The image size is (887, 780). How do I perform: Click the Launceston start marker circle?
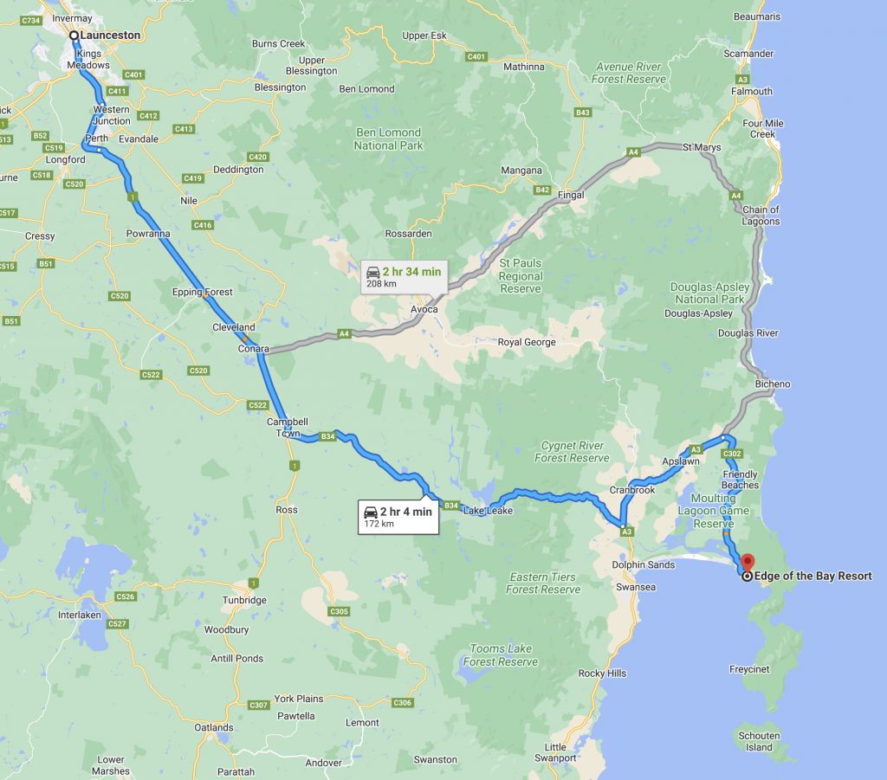pyautogui.click(x=74, y=35)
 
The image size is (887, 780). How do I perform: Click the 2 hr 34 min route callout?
pyautogui.click(x=403, y=277)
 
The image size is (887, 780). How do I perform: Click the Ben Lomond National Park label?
pyautogui.click(x=388, y=139)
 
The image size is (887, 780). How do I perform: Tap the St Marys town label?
pyautogui.click(x=702, y=147)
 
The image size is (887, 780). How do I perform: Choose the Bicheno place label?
pyautogui.click(x=773, y=384)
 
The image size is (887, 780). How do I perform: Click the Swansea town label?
pyautogui.click(x=636, y=587)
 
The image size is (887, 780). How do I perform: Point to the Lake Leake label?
pyautogui.click(x=488, y=511)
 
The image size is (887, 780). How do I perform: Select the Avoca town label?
pyautogui.click(x=424, y=310)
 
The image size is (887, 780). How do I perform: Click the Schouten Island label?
pyautogui.click(x=759, y=741)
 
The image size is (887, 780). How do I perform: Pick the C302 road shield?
pyautogui.click(x=732, y=454)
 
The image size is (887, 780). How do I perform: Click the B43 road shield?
pyautogui.click(x=582, y=113)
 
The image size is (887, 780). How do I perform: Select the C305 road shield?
pyautogui.click(x=339, y=611)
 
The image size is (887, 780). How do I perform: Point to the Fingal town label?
pyautogui.click(x=570, y=196)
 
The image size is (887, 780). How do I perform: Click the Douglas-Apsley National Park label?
pyautogui.click(x=709, y=293)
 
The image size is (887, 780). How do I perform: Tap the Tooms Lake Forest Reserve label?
pyautogui.click(x=502, y=655)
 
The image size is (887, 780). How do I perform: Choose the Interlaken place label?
pyautogui.click(x=79, y=614)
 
